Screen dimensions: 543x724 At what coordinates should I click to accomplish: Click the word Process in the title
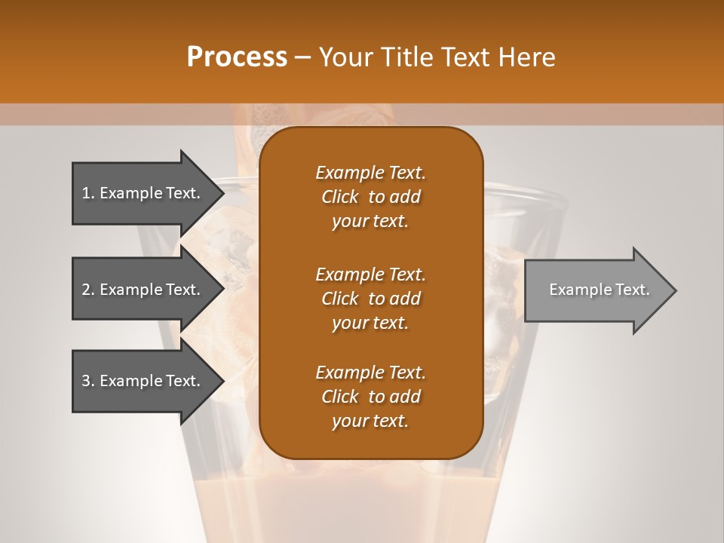click(x=237, y=57)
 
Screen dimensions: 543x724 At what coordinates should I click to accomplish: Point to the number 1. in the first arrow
click(x=87, y=193)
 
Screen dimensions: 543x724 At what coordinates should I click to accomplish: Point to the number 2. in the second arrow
click(x=87, y=290)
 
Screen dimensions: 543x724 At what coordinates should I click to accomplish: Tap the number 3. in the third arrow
click(x=87, y=381)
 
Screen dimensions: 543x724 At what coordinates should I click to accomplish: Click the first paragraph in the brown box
click(x=370, y=197)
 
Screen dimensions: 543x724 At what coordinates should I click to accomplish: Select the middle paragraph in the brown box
click(x=370, y=298)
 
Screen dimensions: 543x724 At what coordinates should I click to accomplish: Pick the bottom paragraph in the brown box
click(x=370, y=397)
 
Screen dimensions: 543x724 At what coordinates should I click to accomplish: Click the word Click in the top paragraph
click(x=339, y=197)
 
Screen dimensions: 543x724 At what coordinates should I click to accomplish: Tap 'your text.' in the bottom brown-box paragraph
click(x=370, y=422)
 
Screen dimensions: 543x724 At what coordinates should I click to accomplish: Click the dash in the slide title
click(x=303, y=58)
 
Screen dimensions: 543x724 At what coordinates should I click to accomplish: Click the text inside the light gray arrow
click(x=599, y=290)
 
